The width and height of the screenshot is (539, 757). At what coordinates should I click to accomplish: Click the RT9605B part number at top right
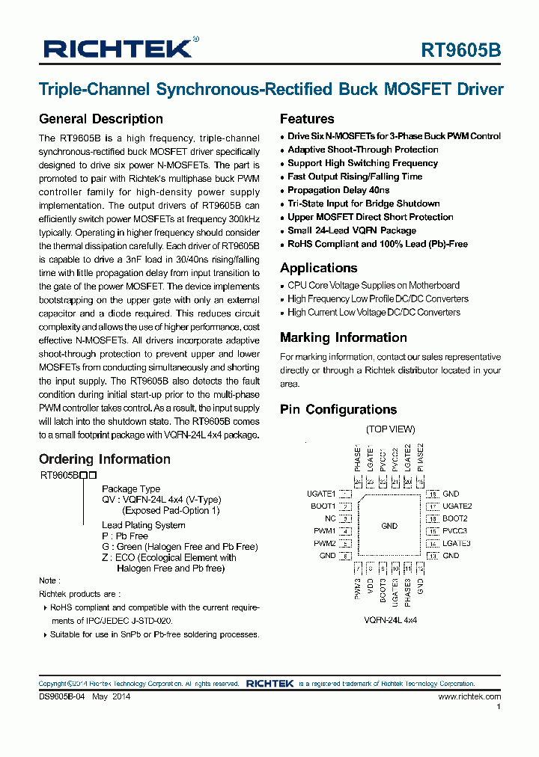[461, 50]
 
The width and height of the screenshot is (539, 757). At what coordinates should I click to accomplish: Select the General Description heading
[100, 119]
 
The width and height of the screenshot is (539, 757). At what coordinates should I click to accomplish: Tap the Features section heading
[307, 119]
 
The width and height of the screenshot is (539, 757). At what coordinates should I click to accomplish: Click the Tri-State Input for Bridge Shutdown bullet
[363, 203]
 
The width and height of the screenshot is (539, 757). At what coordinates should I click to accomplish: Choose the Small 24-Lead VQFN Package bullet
[351, 230]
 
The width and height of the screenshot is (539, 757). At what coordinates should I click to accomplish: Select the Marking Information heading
[343, 337]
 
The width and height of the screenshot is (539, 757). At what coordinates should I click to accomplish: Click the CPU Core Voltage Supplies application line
[373, 285]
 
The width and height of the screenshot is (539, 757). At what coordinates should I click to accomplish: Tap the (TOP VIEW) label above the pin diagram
[390, 429]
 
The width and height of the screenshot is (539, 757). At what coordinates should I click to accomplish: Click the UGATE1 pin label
[321, 494]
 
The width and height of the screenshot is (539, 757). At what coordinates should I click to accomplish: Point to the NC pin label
[330, 518]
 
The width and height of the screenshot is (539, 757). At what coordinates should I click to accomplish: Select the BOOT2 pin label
[454, 518]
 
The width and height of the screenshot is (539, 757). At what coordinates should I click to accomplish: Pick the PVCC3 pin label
[455, 531]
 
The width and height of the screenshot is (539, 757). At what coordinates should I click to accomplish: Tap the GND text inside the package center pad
[389, 526]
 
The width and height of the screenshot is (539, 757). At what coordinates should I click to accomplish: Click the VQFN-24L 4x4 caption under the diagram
[390, 621]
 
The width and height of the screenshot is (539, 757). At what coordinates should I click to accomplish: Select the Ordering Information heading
[104, 459]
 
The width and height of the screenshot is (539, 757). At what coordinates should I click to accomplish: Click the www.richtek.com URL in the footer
[469, 696]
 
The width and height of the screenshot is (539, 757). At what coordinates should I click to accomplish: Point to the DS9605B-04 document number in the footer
[64, 696]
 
